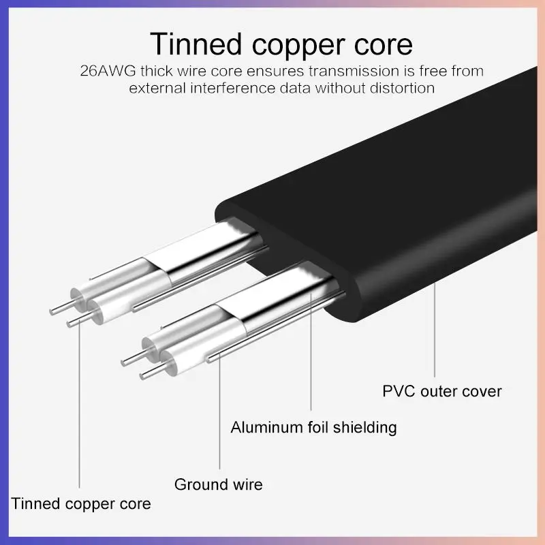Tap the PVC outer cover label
point(442,391)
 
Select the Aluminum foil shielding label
point(313,428)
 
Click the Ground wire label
point(218,485)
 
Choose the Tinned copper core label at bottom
point(81,504)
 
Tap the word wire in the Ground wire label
point(245,485)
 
